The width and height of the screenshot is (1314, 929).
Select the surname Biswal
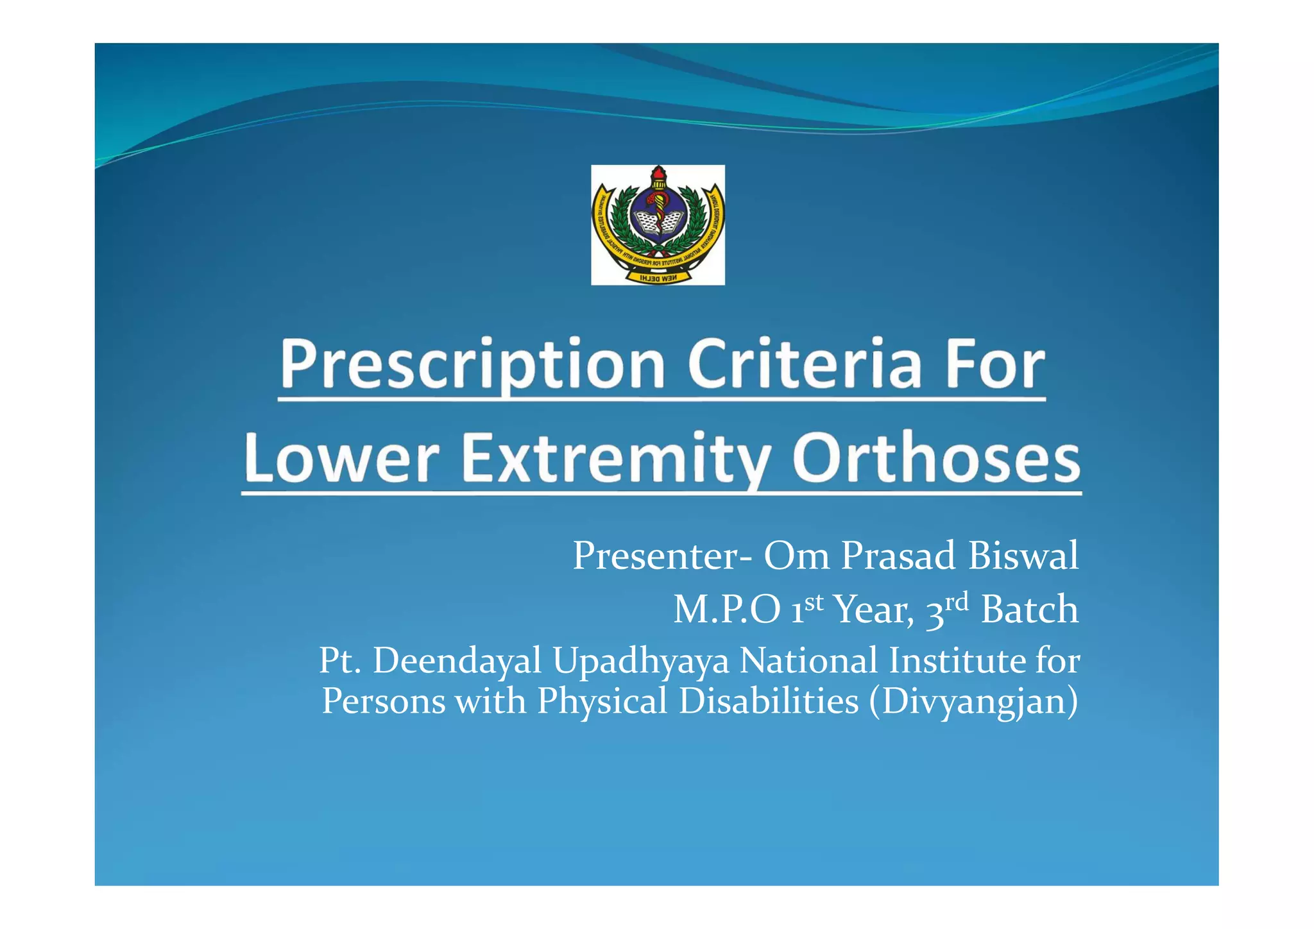(1023, 556)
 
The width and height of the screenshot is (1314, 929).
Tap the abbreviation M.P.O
(726, 609)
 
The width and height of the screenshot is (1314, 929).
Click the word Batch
(1029, 609)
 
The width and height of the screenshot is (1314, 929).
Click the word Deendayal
(457, 661)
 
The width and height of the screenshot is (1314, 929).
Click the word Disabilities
(768, 701)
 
